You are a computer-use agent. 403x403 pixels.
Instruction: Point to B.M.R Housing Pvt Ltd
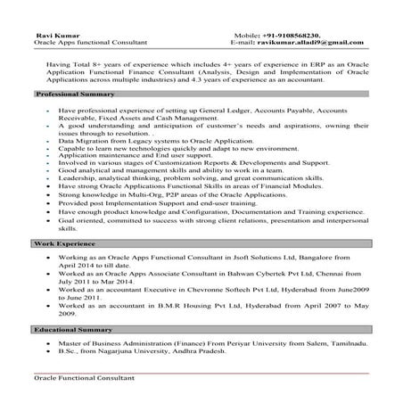[x=177, y=305]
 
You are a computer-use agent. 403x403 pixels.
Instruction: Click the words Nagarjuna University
[x=135, y=352]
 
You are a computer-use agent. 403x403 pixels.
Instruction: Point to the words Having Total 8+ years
[x=85, y=65]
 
